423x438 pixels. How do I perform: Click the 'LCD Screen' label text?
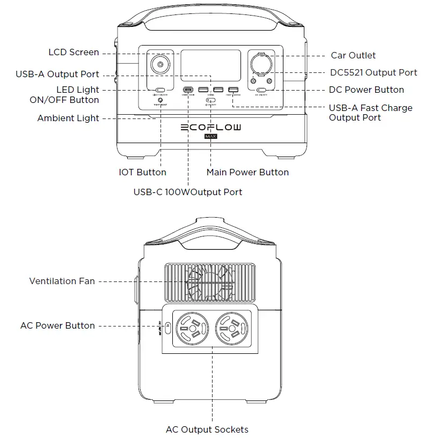click(x=74, y=53)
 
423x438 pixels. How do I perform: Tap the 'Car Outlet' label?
click(x=353, y=55)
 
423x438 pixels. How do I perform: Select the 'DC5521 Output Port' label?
click(x=373, y=72)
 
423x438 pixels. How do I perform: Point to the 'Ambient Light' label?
click(x=68, y=118)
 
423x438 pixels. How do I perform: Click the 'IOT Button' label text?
click(x=142, y=172)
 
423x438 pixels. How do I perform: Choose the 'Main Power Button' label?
click(x=247, y=172)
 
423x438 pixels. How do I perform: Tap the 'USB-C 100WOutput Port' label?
click(x=187, y=191)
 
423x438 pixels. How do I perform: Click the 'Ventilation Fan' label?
click(x=62, y=280)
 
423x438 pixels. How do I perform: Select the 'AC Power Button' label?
click(x=57, y=325)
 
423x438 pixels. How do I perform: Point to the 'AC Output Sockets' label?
click(x=207, y=429)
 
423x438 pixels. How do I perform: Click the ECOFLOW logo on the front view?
click(x=210, y=127)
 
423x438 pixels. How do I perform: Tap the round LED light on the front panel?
click(x=159, y=66)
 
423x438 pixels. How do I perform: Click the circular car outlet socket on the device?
click(x=261, y=62)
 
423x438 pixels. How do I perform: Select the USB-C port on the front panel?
click(x=188, y=90)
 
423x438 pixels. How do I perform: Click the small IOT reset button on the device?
click(x=160, y=100)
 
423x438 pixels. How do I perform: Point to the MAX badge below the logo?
click(x=210, y=137)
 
